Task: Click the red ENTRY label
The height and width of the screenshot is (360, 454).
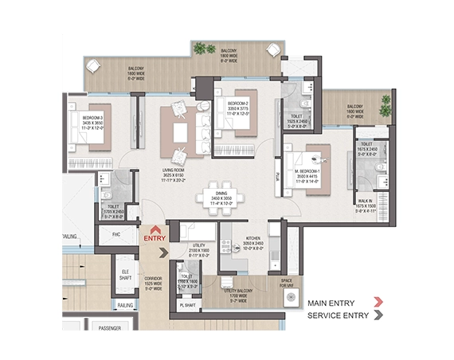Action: tap(154, 237)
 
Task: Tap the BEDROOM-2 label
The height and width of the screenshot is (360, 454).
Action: tap(230, 104)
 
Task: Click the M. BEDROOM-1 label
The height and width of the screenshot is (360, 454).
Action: tap(309, 172)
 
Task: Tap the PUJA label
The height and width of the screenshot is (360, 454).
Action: tap(278, 176)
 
